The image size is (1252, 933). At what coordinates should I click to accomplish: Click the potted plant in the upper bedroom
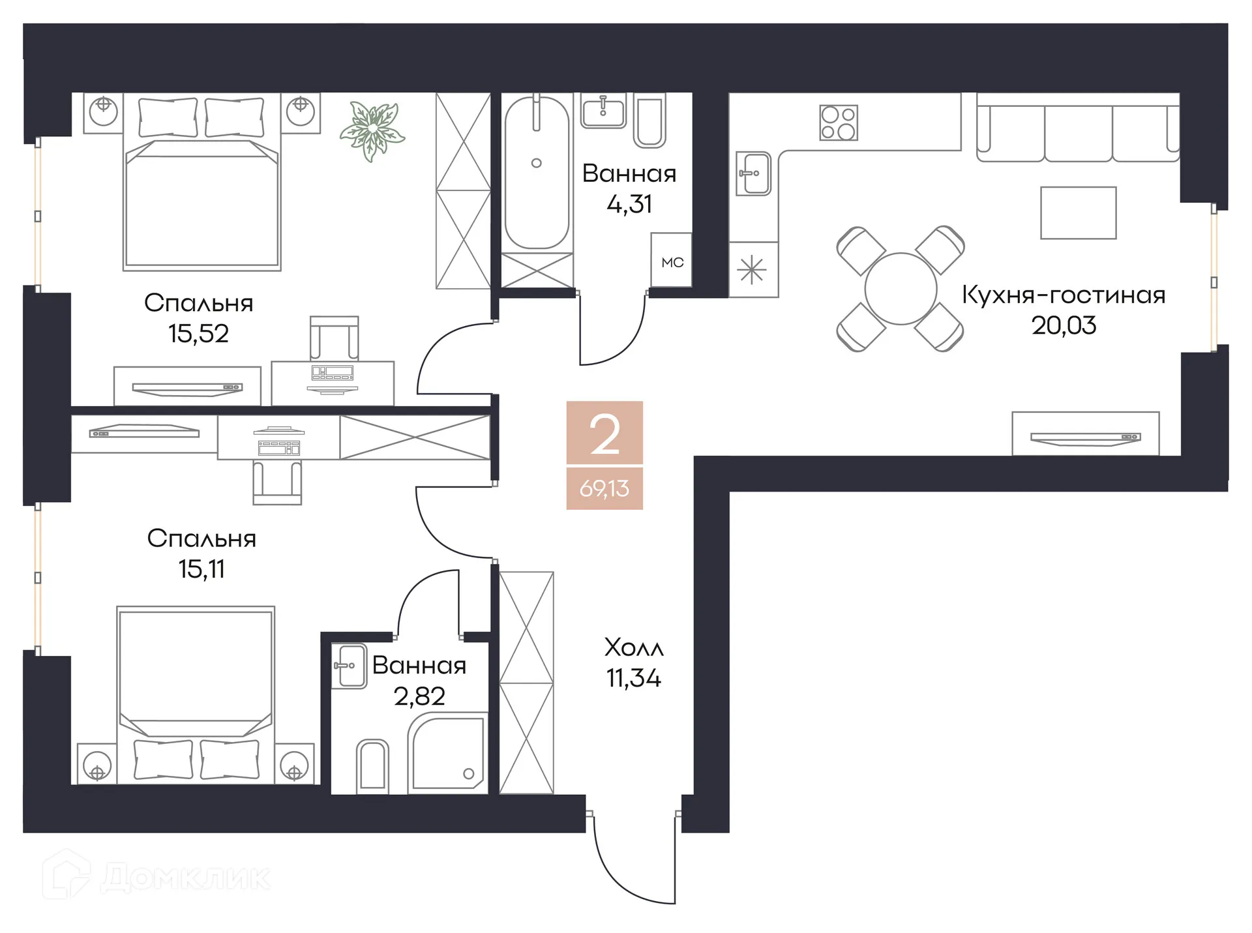(x=372, y=130)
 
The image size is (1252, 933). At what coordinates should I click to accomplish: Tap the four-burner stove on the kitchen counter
(x=838, y=123)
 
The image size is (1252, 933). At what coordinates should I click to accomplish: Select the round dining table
(x=901, y=289)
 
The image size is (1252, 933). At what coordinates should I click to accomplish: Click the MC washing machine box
(x=672, y=261)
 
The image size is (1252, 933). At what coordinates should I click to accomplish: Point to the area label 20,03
(x=1064, y=325)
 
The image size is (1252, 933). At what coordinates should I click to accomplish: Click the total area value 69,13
(x=604, y=488)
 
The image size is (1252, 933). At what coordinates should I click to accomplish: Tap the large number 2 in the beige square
(x=604, y=435)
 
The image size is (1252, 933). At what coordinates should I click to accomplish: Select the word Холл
(x=634, y=647)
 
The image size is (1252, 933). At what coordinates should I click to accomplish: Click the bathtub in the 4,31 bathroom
(x=537, y=173)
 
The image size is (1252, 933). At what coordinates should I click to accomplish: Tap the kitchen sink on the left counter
(x=754, y=173)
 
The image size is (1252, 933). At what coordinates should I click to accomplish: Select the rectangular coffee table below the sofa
(x=1078, y=213)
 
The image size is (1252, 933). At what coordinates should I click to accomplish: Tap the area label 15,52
(x=198, y=334)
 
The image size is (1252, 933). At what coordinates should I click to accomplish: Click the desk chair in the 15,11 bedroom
(x=277, y=482)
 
